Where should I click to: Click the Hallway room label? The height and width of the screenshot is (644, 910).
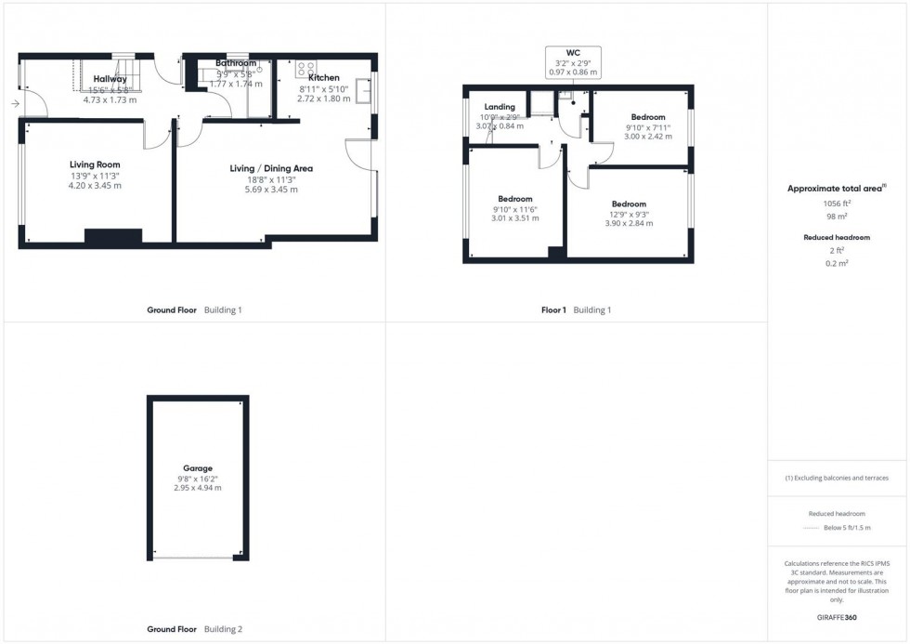pyautogui.click(x=110, y=79)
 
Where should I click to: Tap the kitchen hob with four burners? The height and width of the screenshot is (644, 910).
pyautogui.click(x=305, y=69)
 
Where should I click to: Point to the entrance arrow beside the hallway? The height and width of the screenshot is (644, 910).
pyautogui.click(x=15, y=104)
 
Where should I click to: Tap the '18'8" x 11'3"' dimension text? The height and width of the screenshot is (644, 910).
pyautogui.click(x=271, y=179)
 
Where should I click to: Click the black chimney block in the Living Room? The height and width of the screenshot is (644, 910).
pyautogui.click(x=112, y=236)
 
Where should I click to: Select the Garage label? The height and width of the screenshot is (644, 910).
pyautogui.click(x=197, y=468)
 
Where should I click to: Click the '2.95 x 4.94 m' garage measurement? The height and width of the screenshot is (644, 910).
pyautogui.click(x=197, y=488)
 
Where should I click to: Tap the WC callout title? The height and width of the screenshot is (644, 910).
pyautogui.click(x=574, y=52)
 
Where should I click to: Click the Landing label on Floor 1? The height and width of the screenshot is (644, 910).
pyautogui.click(x=499, y=107)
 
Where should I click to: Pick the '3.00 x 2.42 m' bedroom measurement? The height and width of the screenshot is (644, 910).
pyautogui.click(x=648, y=137)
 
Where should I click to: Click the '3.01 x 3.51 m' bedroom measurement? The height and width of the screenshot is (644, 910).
pyautogui.click(x=514, y=219)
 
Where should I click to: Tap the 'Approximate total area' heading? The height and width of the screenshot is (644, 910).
pyautogui.click(x=833, y=189)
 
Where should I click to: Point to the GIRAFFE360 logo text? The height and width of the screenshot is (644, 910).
pyautogui.click(x=837, y=617)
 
